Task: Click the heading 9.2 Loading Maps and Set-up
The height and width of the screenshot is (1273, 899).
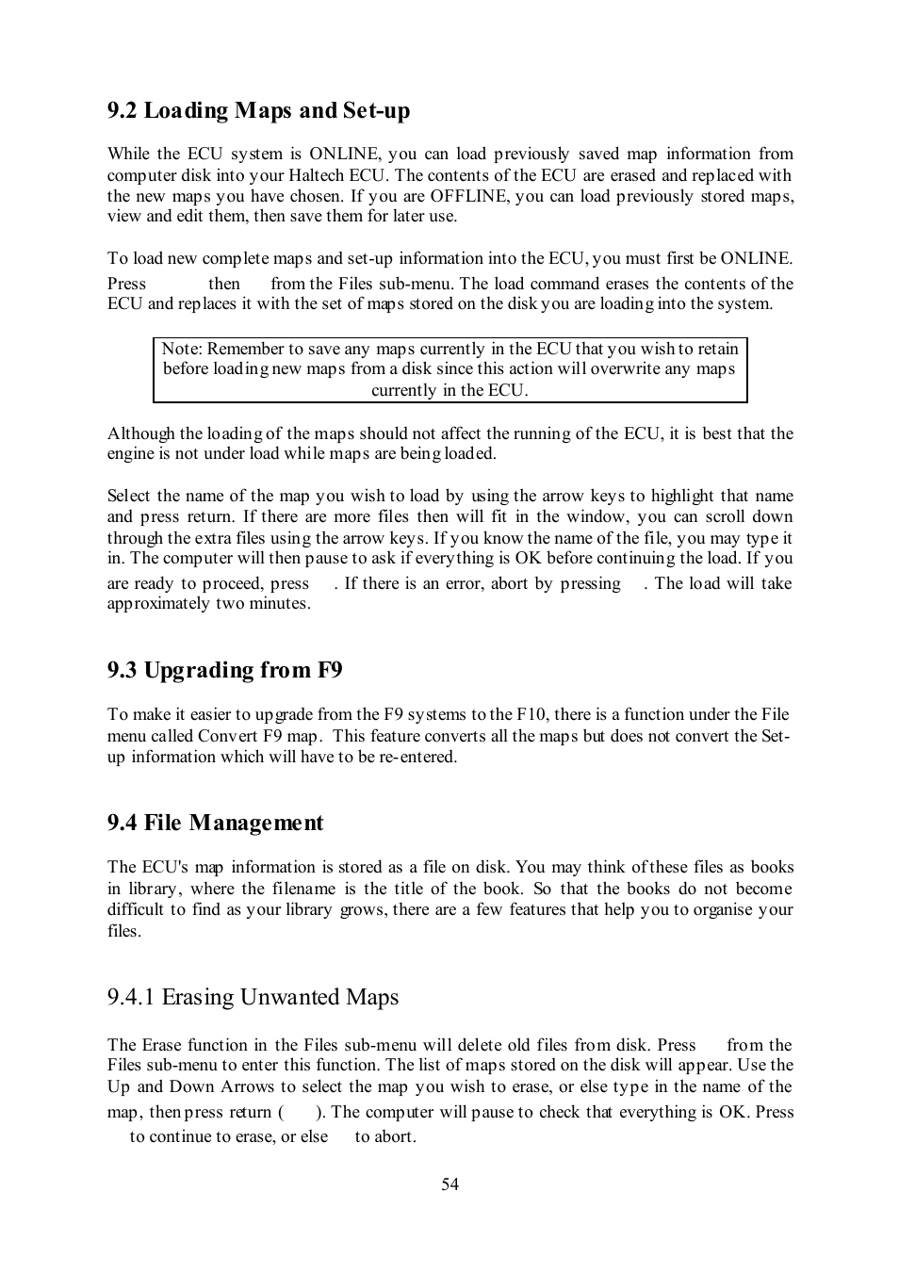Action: tap(258, 111)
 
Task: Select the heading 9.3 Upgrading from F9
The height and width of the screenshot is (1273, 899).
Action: tap(224, 670)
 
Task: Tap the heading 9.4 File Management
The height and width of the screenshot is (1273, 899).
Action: tap(215, 823)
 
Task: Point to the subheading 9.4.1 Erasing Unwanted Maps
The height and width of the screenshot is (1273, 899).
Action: tap(253, 997)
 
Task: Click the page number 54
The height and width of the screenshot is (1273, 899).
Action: tap(449, 1184)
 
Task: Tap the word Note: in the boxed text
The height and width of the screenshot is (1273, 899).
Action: tap(182, 349)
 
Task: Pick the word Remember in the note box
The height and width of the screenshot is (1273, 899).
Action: tap(245, 349)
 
